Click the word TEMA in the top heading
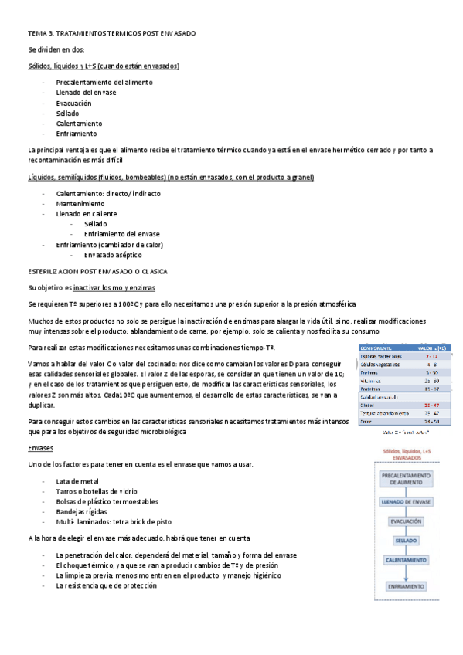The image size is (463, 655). (36, 34)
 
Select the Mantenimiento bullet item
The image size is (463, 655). (80, 203)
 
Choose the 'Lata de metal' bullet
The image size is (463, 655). (77, 481)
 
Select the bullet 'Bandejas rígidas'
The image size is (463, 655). (83, 511)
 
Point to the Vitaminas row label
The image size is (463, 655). (372, 381)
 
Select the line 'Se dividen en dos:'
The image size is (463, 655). (51, 50)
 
